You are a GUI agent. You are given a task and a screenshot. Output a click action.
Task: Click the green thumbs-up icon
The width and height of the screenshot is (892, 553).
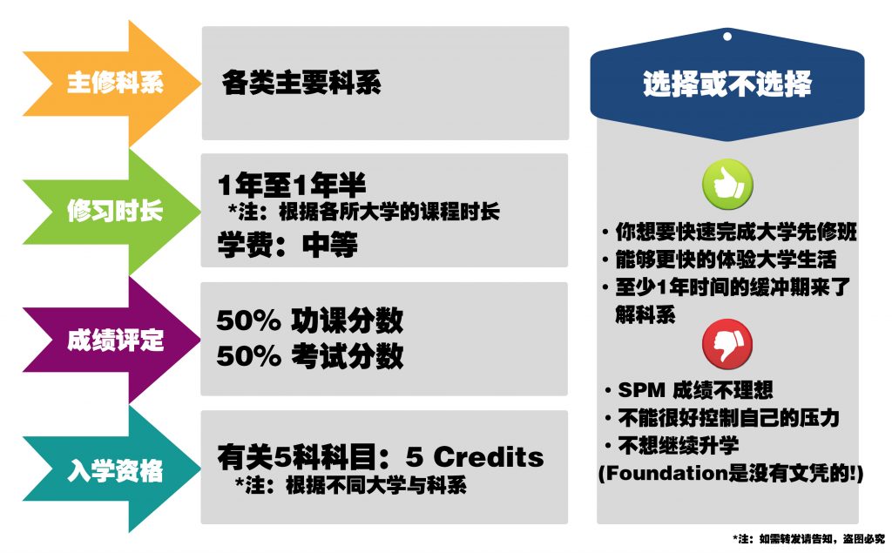pos(727,184)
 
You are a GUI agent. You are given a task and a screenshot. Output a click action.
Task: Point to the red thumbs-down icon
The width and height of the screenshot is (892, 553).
pos(727,344)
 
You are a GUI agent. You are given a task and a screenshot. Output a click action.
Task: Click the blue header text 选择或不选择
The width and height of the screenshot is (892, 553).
pos(727,84)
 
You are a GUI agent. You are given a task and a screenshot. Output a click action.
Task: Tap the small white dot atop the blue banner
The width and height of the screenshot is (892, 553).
pos(727,37)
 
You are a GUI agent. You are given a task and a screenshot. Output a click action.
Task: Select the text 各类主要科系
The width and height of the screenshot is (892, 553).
pos(301,83)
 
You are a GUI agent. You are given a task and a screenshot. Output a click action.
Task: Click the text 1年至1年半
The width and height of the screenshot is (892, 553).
pos(291,185)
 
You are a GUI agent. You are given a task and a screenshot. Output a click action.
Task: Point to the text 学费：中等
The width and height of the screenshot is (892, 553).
pos(287,245)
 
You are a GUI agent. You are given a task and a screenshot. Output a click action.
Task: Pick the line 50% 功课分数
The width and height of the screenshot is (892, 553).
pos(310,320)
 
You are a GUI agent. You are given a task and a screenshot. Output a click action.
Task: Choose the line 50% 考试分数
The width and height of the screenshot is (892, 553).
pos(310,356)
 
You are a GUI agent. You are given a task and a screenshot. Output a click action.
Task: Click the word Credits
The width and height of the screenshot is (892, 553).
pos(489,456)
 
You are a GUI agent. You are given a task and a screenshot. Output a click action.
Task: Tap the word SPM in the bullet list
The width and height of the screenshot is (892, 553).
pos(641,390)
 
